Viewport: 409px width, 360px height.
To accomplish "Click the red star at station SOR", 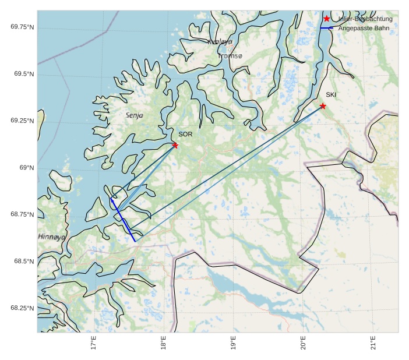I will coord(175,145).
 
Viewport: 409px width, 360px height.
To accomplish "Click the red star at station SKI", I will coord(323,106).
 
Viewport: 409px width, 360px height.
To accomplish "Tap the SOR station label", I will coord(185,135).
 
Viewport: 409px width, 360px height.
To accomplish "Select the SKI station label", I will coord(331,95).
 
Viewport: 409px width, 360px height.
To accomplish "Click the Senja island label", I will coord(135,116).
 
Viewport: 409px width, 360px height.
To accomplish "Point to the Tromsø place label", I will coord(231,57).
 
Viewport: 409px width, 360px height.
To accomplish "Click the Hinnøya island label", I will coord(51,237).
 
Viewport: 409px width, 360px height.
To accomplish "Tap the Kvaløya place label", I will coord(220,42).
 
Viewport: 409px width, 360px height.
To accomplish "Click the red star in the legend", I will coord(326,19).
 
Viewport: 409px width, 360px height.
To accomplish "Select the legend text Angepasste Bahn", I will coord(364,28).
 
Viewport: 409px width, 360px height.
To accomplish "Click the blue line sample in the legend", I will coord(326,28).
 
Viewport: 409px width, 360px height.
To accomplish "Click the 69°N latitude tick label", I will coord(27,168).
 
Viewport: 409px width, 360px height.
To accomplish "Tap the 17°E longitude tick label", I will coord(93,343).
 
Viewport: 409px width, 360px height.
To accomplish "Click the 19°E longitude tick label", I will coord(233,343).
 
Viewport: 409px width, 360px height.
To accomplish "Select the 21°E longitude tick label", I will coord(373,343).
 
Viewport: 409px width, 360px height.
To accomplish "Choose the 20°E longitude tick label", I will coord(303,343).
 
